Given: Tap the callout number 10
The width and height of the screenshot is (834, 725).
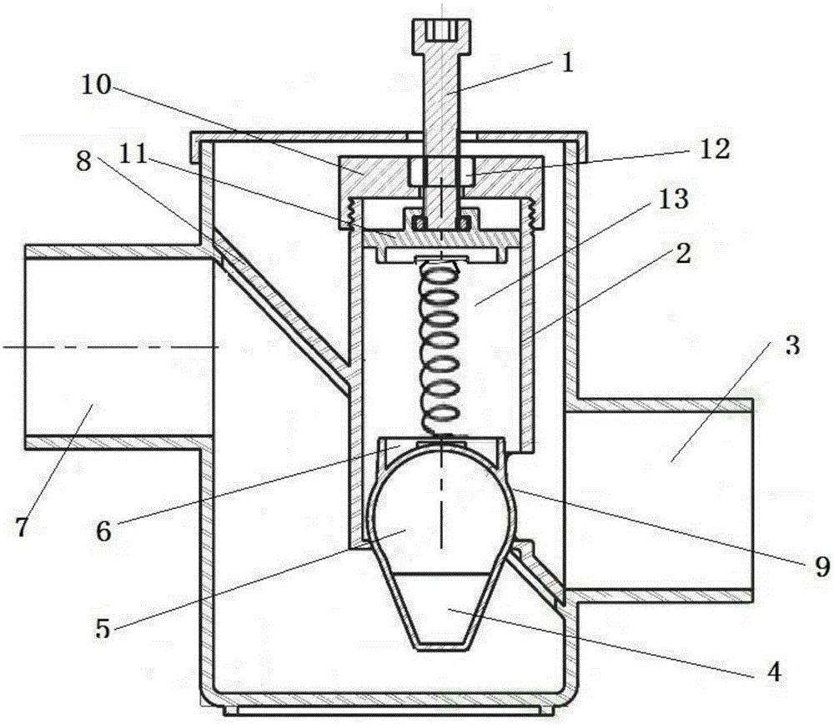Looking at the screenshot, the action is tap(96, 84).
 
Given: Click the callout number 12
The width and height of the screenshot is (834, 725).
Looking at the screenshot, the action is tap(714, 149).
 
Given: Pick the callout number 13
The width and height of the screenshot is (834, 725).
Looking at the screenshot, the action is tap(674, 199).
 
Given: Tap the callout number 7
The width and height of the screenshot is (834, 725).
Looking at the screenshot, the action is tap(22, 527).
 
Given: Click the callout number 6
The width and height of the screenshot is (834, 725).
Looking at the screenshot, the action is tap(103, 531).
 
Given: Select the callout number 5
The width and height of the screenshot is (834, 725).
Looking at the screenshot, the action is tap(103, 628).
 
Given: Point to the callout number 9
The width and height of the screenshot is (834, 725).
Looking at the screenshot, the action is tap(821, 566).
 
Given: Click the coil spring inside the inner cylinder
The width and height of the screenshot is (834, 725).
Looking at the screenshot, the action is tap(440, 346).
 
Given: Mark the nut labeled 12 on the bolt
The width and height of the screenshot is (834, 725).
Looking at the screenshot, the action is tap(441, 171).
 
